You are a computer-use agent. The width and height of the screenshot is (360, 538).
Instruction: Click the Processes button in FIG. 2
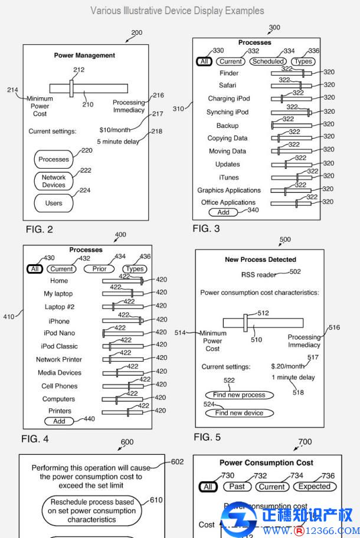[x=54, y=159]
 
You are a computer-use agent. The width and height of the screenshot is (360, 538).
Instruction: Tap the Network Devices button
[x=54, y=181]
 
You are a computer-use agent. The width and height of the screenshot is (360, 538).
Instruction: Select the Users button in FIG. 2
[x=54, y=204]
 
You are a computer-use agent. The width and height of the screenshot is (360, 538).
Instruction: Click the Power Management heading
[x=84, y=55]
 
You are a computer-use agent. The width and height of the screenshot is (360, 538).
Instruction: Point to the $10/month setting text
[x=115, y=130]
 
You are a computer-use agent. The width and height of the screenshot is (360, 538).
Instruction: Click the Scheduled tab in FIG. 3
[x=268, y=61]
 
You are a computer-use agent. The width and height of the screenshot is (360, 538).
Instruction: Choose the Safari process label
[x=228, y=86]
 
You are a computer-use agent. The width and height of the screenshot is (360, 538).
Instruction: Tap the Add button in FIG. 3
[x=223, y=212]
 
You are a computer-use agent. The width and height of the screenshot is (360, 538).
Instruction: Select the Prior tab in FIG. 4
[x=99, y=269]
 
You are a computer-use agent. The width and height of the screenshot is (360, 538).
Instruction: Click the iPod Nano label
[x=59, y=333]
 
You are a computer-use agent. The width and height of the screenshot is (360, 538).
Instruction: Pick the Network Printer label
[x=59, y=360]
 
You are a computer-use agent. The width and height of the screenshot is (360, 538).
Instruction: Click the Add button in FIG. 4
[x=59, y=421]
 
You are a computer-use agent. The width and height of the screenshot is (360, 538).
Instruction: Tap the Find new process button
[x=240, y=395]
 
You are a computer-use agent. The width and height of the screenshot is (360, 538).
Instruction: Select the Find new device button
[x=239, y=413]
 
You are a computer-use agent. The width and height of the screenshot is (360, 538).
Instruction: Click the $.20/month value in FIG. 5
[x=288, y=366]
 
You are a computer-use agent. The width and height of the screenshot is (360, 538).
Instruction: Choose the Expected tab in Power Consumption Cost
[x=314, y=487]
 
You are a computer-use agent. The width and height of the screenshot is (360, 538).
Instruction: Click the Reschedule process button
[x=91, y=511]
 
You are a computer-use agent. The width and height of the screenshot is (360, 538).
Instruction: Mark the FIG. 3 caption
[x=206, y=228]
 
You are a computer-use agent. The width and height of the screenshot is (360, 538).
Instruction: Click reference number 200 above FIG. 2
[x=136, y=32]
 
